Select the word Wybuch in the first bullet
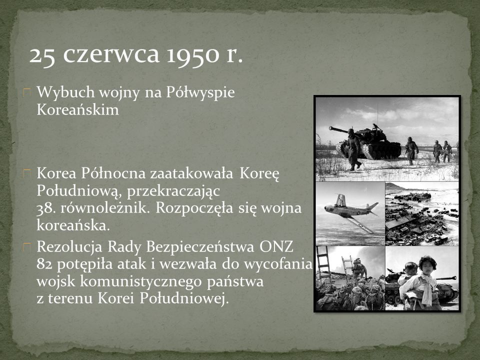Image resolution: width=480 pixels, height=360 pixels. point(65,92)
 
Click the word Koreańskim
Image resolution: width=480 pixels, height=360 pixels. point(78,109)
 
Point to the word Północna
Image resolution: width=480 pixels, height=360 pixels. point(113,173)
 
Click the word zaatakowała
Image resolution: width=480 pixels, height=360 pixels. point(192,173)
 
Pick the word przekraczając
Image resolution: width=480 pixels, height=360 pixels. point(173,191)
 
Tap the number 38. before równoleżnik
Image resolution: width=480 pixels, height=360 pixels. point(46,208)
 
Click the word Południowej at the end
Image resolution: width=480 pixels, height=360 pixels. point(184,298)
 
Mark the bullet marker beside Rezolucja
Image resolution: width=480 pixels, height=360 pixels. point(27,247)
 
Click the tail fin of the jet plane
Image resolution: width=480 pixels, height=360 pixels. point(340,200)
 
